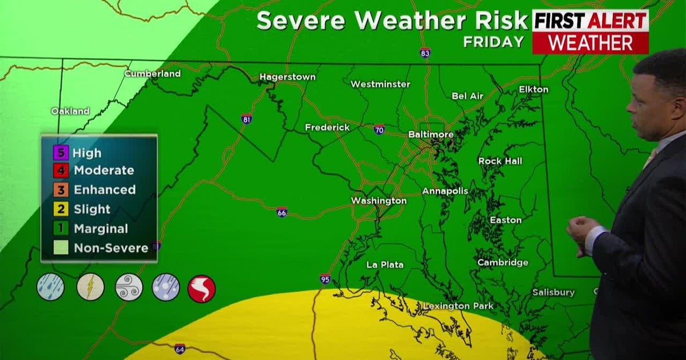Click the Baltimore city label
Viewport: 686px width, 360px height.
pyautogui.click(x=430, y=134)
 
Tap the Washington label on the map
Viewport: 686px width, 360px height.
pyautogui.click(x=378, y=201)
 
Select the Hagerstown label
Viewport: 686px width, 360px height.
pyautogui.click(x=288, y=77)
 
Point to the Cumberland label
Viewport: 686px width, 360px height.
pyautogui.click(x=152, y=74)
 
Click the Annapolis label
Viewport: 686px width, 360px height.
pyautogui.click(x=445, y=191)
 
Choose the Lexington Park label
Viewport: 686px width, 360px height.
pyautogui.click(x=458, y=306)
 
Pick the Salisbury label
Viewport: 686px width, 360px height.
pyautogui.click(x=553, y=292)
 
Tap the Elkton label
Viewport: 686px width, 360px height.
pyautogui.click(x=533, y=89)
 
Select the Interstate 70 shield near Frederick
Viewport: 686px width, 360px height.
pyautogui.click(x=379, y=129)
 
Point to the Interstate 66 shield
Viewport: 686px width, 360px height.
pyautogui.click(x=281, y=212)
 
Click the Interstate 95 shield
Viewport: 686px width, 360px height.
pyautogui.click(x=325, y=279)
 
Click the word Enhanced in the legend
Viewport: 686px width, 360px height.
pyautogui.click(x=105, y=190)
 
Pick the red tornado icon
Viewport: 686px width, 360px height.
pyautogui.click(x=202, y=289)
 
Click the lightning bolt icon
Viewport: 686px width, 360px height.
pyautogui.click(x=90, y=287)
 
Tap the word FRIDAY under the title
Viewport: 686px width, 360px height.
pyautogui.click(x=493, y=42)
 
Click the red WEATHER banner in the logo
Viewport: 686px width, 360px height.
pyautogui.click(x=590, y=43)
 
